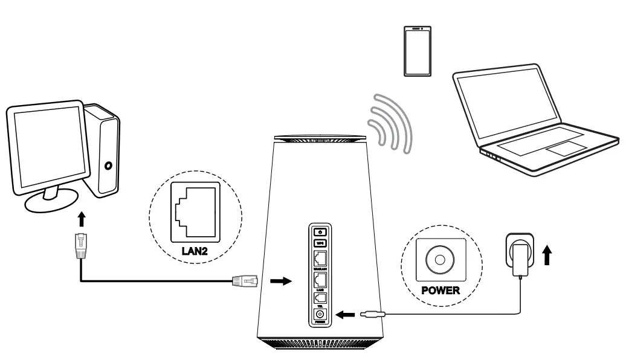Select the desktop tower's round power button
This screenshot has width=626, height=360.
tap(108, 165)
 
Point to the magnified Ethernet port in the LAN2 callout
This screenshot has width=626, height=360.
tap(195, 211)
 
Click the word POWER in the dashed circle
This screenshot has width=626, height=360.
tap(440, 290)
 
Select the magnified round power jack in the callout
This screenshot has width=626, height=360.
tap(440, 259)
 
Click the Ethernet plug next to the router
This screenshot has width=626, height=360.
tap(244, 280)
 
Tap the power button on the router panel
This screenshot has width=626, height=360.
tap(320, 231)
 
